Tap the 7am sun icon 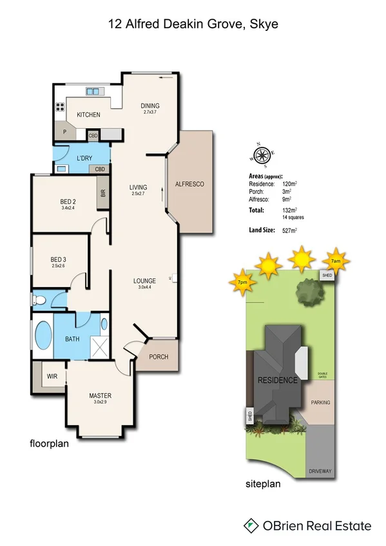335,261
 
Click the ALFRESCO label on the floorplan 189,184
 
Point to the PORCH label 159,357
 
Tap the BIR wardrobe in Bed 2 102,194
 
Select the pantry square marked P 65,131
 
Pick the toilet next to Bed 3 39,299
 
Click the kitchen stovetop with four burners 61,108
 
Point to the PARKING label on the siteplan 320,402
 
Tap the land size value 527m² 288,230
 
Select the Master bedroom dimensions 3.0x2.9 100,402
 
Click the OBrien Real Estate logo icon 251,526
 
